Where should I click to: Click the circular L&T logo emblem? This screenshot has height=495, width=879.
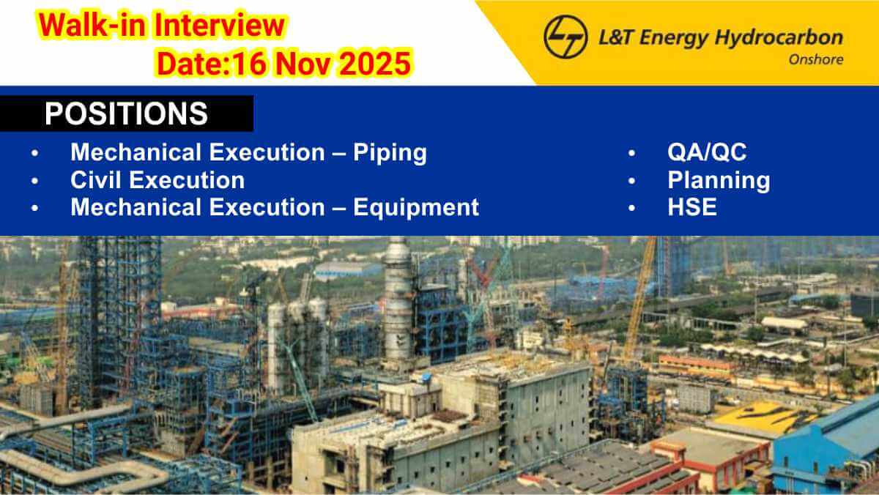(x=565, y=37)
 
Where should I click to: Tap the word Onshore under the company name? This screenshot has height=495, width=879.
(x=816, y=59)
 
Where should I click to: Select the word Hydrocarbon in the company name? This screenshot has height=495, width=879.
(x=779, y=38)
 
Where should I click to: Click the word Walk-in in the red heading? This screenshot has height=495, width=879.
(x=93, y=26)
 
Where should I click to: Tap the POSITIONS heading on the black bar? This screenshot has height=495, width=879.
(x=126, y=113)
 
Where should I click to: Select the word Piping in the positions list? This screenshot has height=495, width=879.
(x=390, y=153)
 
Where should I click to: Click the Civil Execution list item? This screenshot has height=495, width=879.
(x=157, y=180)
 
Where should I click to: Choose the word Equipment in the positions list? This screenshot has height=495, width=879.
(x=416, y=208)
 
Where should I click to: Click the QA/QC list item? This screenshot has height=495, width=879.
(x=707, y=152)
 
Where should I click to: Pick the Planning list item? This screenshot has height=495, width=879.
(x=719, y=181)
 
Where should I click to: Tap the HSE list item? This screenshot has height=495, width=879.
(x=692, y=207)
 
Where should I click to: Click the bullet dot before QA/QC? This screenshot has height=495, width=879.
(x=631, y=153)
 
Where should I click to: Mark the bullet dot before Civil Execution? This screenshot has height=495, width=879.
(x=35, y=181)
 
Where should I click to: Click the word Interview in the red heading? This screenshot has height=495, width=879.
(x=220, y=26)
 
